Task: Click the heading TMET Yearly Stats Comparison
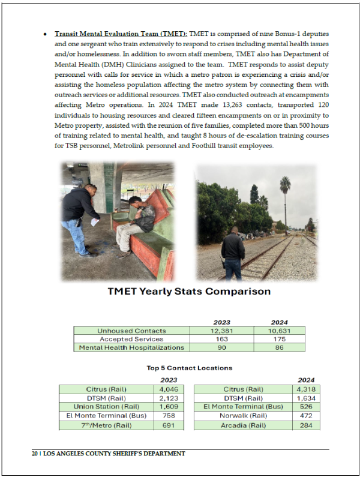pyautogui.click(x=188, y=292)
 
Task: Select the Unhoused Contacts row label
pyautogui.click(x=131, y=331)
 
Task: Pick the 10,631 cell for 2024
pyautogui.click(x=279, y=331)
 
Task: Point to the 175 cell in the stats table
pyautogui.click(x=279, y=339)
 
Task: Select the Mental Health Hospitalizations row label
pyautogui.click(x=131, y=347)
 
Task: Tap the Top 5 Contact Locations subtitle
pyautogui.click(x=189, y=368)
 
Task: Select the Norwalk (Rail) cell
pyautogui.click(x=243, y=416)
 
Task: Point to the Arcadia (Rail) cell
pyautogui.click(x=243, y=425)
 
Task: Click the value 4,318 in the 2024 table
pyautogui.click(x=305, y=389)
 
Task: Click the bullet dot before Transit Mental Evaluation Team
pyautogui.click(x=45, y=33)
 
